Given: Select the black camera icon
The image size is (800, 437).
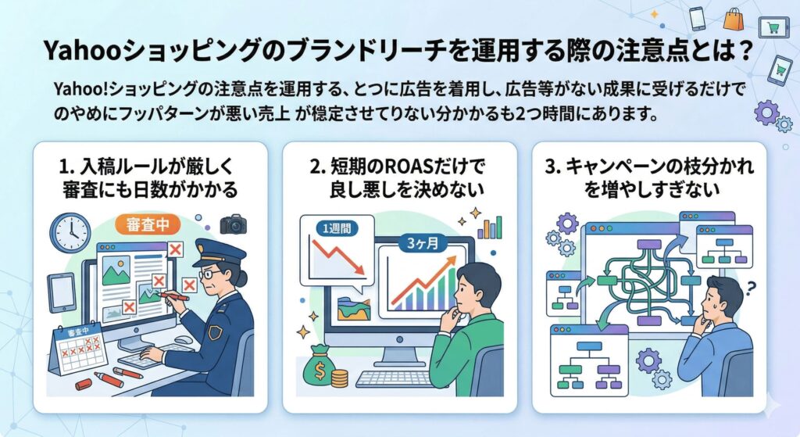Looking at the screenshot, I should point(233,225).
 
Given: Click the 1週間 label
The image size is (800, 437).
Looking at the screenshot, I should point(332,230).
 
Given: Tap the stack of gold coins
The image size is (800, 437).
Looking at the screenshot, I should point(339,378).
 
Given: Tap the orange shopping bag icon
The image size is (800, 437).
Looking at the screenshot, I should point(734,19).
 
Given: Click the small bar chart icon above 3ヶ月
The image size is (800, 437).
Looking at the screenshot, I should point(489,227).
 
